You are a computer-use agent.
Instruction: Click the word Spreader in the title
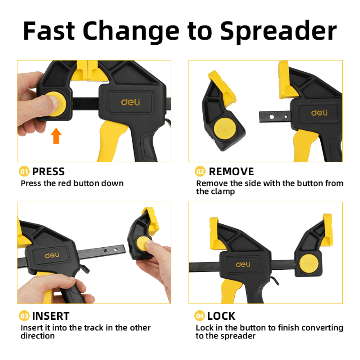pyautogui.click(x=278, y=32)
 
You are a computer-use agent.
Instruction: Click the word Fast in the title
pyautogui.click(x=49, y=31)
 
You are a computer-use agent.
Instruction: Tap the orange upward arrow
pyautogui.click(x=56, y=136)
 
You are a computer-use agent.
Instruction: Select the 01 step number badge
pyautogui.click(x=24, y=171)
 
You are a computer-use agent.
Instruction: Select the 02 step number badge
pyautogui.click(x=200, y=171)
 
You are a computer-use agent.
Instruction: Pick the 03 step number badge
pyautogui.click(x=24, y=316)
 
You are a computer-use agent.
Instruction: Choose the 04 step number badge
pyautogui.click(x=200, y=316)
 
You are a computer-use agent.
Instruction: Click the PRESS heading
pyautogui.click(x=48, y=171)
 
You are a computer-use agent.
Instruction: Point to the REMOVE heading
pyautogui.click(x=231, y=171)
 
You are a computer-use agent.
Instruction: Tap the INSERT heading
pyautogui.click(x=50, y=316)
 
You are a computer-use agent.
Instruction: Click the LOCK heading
pyautogui.click(x=221, y=316)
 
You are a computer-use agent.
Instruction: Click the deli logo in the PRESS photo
pyautogui.click(x=130, y=102)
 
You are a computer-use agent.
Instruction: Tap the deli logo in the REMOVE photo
pyautogui.click(x=319, y=112)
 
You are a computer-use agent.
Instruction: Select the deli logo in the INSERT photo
pyautogui.click(x=52, y=255)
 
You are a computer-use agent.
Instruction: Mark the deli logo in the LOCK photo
pyautogui.click(x=243, y=264)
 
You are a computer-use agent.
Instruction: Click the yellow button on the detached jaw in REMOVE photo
pyautogui.click(x=225, y=129)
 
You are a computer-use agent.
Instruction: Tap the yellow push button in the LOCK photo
pyautogui.click(x=309, y=264)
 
